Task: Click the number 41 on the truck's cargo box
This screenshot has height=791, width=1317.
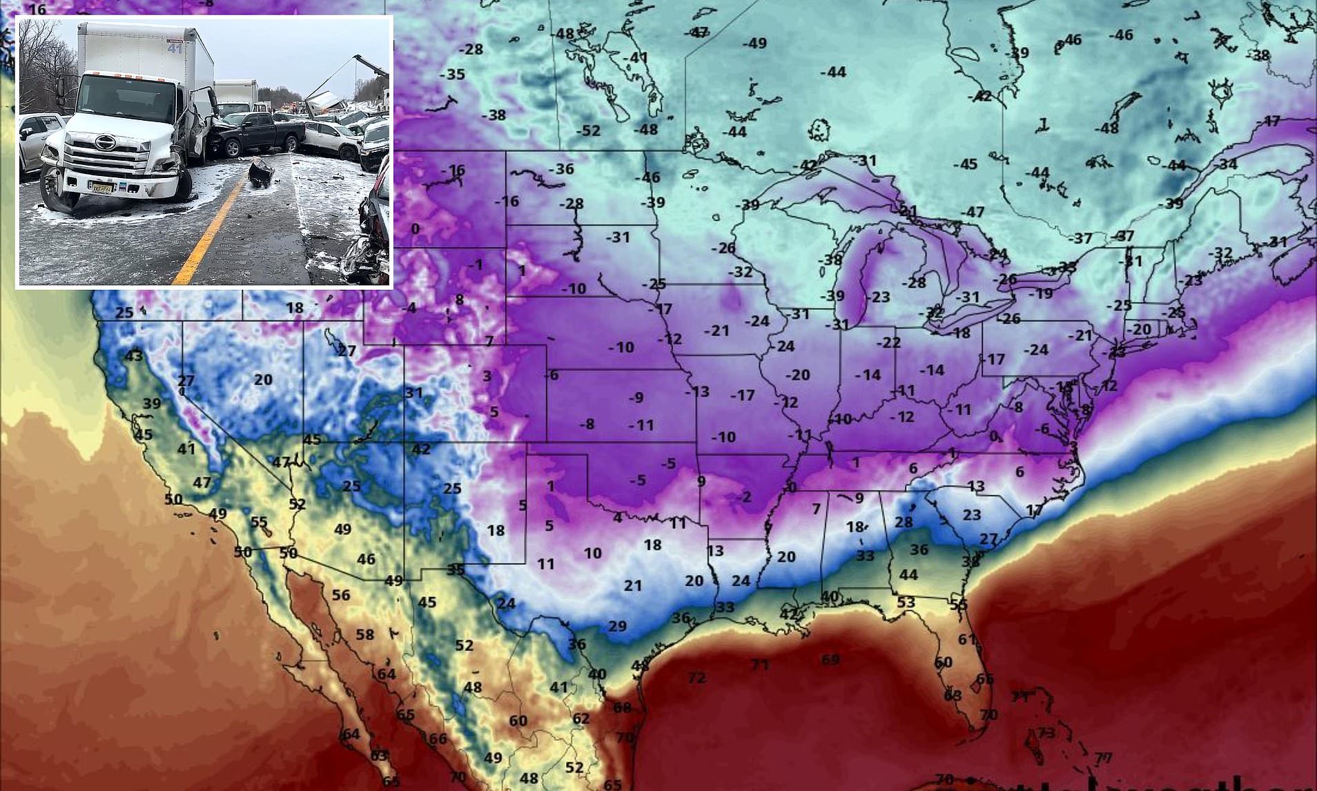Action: click(175, 48)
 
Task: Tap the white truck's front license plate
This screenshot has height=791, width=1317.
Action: click(104, 186)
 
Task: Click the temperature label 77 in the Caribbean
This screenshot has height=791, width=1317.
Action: click(1102, 758)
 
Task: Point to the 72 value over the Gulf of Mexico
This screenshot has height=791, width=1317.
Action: click(696, 678)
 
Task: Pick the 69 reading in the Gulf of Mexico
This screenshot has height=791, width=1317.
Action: click(830, 659)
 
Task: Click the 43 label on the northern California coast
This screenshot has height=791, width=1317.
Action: click(133, 356)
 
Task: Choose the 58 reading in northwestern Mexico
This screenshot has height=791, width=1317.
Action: click(364, 634)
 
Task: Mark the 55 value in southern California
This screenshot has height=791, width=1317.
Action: click(259, 523)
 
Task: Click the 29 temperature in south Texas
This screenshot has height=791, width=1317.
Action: click(617, 626)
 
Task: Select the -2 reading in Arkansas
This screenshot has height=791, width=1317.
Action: click(744, 496)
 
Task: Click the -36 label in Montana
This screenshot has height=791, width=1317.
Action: click(561, 169)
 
